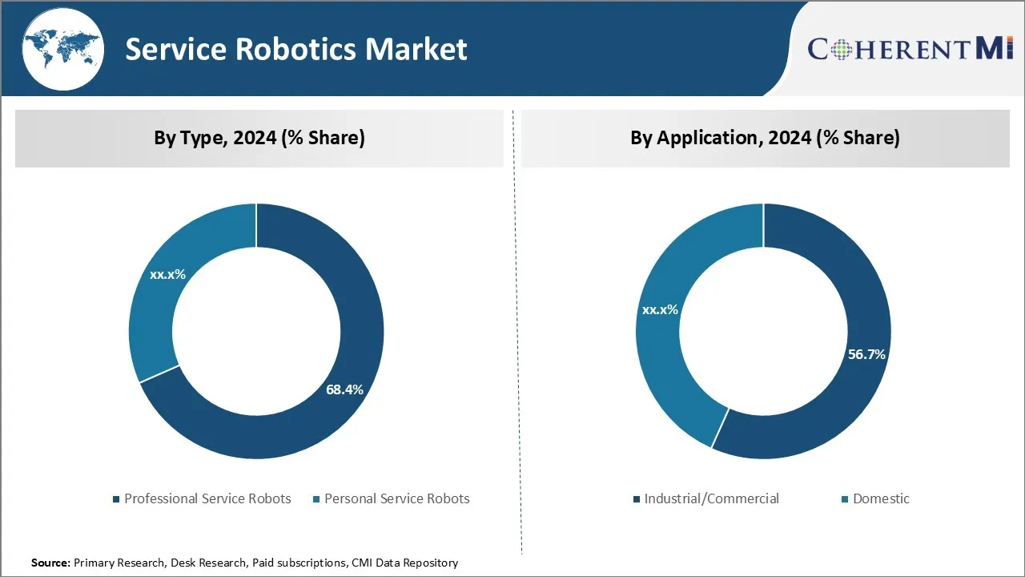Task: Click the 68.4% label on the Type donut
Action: point(344,389)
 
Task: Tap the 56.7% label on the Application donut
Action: point(866,353)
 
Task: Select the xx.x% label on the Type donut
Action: point(167,274)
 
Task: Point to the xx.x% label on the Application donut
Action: point(660,309)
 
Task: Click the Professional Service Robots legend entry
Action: point(207,498)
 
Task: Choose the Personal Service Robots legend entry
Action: point(396,498)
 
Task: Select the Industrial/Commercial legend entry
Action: point(711,498)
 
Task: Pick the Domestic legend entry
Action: point(881,498)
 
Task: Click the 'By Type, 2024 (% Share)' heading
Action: point(259,138)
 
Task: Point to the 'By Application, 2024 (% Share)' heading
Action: point(765,138)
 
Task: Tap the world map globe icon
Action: point(62,48)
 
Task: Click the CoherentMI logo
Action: point(910,49)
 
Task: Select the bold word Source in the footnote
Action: point(50,563)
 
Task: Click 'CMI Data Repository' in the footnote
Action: point(404,563)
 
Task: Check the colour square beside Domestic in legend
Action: point(845,499)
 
